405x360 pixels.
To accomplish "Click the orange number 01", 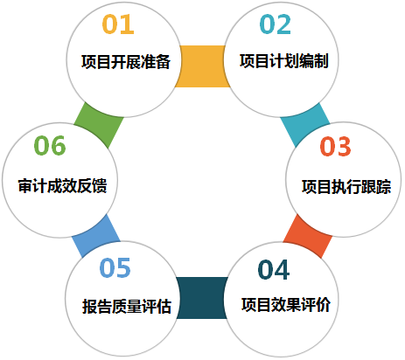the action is [118, 24].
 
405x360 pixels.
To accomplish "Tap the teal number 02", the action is [276, 24].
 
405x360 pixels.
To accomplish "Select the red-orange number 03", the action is [335, 146].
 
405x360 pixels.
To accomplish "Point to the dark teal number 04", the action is [274, 270].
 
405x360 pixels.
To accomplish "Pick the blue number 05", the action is [115, 267].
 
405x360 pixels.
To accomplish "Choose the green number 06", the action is [50, 145].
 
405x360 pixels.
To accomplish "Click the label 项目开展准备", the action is [126, 61].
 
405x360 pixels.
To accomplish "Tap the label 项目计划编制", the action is [284, 61].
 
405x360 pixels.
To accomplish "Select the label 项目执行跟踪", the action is [346, 186].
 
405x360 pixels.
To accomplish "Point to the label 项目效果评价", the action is [286, 305].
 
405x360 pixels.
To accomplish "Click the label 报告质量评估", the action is [127, 306].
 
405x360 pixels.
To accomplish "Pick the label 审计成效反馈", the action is [62, 185].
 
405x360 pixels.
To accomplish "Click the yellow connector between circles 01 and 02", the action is [202, 66].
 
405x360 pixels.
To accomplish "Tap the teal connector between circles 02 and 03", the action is [305, 125].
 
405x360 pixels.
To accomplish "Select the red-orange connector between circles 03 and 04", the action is [307, 236].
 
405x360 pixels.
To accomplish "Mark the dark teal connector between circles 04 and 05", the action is [202, 298].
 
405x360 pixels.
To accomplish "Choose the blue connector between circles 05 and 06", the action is [96, 236].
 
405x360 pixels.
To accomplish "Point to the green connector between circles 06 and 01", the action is [99, 125].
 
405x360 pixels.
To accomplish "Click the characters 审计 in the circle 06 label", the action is [32, 185].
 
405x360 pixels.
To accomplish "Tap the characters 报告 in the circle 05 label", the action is [96, 306].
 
